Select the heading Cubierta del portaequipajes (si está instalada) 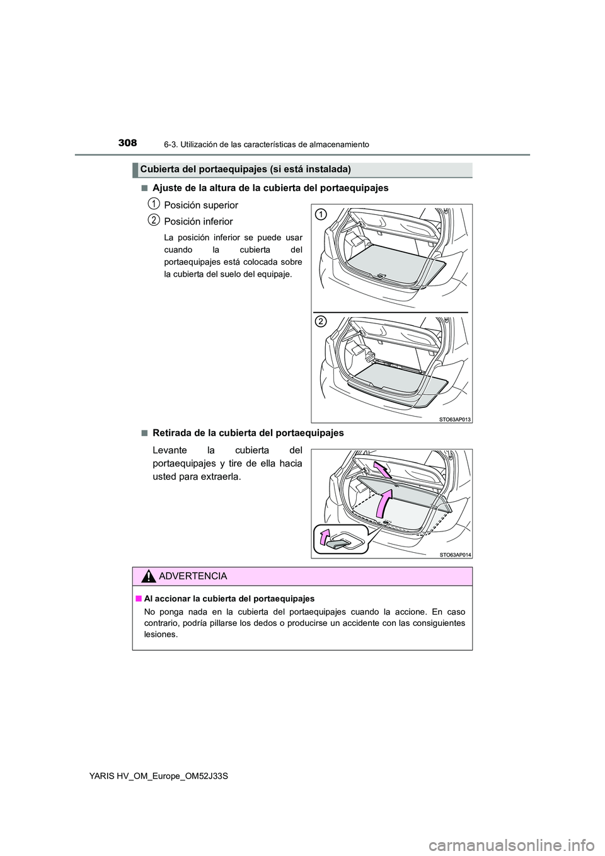(245, 169)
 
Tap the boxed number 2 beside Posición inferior (153, 219)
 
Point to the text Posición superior (200, 205)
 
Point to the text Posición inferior (198, 222)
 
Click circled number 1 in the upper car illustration (321, 214)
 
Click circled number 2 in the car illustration (321, 322)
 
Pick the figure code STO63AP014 (454, 554)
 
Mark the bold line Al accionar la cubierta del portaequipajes (229, 598)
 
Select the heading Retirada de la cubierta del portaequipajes (248, 433)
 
